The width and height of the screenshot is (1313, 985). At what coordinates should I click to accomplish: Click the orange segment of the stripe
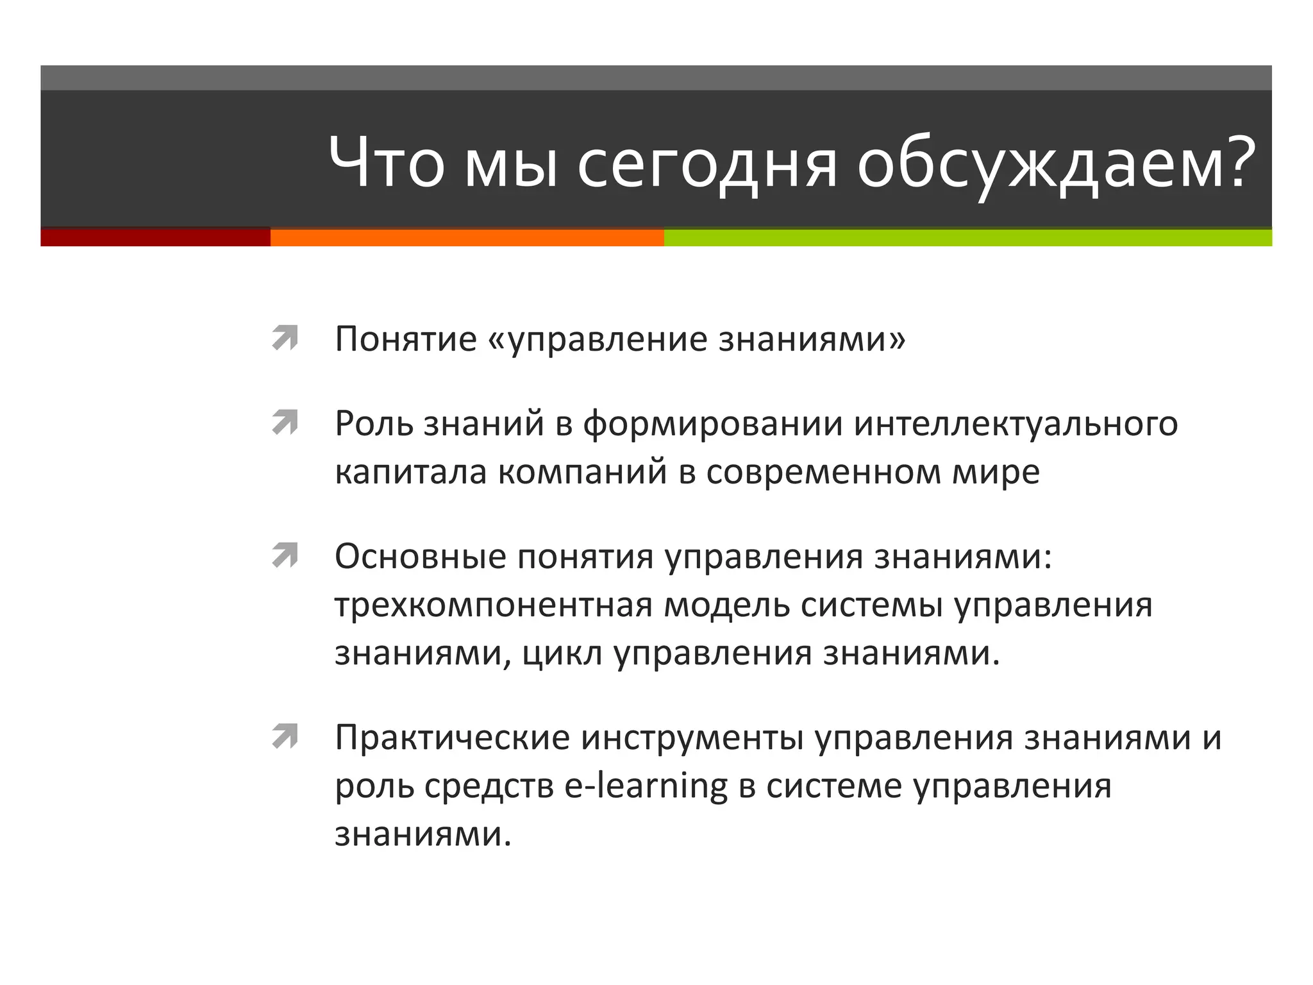point(467,237)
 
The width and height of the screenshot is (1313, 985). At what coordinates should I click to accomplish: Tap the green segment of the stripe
point(967,237)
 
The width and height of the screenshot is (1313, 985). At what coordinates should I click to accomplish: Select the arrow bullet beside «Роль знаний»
point(285,423)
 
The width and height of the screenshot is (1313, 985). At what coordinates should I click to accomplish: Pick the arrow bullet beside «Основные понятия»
point(285,555)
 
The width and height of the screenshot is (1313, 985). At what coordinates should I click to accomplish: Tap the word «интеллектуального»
point(1016,424)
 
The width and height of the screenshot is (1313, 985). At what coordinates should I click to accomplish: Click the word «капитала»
point(410,473)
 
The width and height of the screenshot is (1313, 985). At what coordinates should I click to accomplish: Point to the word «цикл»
point(562,654)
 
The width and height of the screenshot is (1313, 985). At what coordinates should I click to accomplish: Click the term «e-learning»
point(646,786)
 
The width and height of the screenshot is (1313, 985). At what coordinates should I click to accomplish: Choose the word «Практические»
point(452,737)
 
